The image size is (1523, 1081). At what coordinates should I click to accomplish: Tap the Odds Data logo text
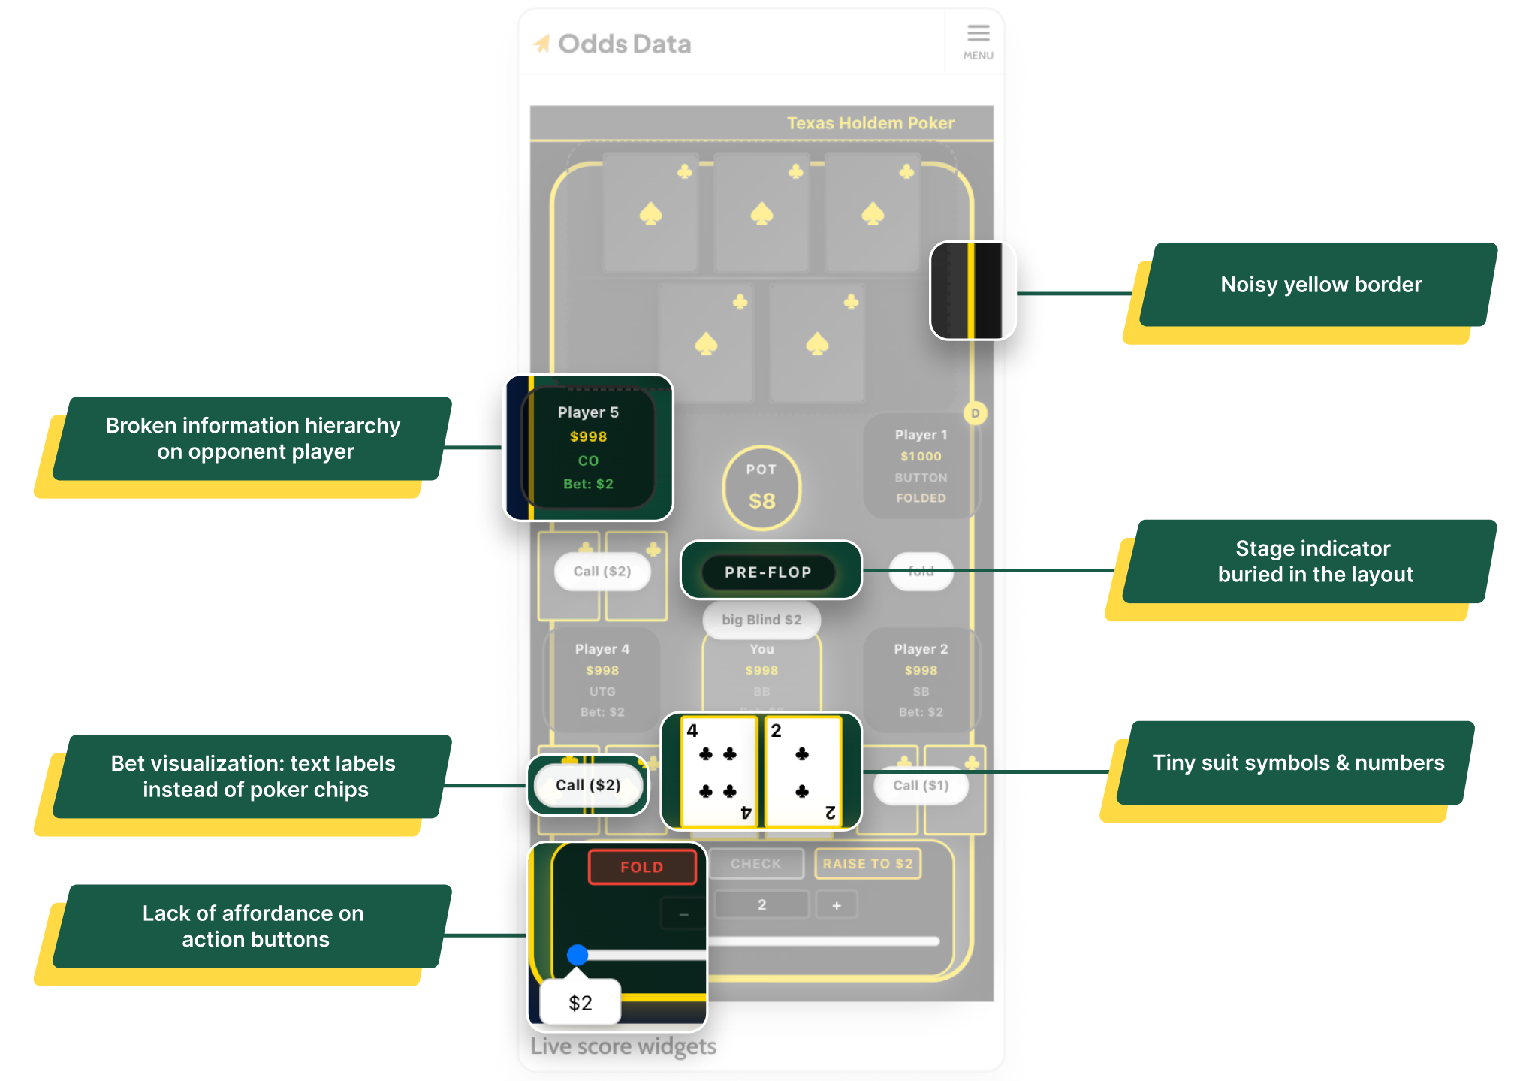pyautogui.click(x=624, y=44)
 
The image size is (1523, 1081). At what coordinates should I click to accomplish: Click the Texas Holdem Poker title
pyautogui.click(x=870, y=123)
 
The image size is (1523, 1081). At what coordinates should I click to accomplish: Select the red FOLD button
pyautogui.click(x=642, y=867)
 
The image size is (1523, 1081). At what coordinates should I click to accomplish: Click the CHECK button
pyautogui.click(x=755, y=864)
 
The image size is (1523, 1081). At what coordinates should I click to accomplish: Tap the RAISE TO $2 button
pyautogui.click(x=867, y=864)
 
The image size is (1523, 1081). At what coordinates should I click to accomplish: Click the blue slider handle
pyautogui.click(x=578, y=955)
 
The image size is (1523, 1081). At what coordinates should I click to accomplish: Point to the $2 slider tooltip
pyautogui.click(x=581, y=1002)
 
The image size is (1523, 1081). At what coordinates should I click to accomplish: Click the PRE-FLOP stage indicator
pyautogui.click(x=768, y=572)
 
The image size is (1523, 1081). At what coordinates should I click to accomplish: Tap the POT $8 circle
pyautogui.click(x=761, y=488)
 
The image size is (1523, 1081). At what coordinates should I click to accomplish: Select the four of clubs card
pyautogui.click(x=718, y=771)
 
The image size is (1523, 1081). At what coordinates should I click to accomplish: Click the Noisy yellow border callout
pyautogui.click(x=1320, y=285)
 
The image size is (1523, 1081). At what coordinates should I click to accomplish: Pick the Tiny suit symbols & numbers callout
pyautogui.click(x=1298, y=763)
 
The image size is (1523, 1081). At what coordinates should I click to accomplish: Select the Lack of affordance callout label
pyautogui.click(x=254, y=926)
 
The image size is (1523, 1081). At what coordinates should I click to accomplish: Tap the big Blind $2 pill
pyautogui.click(x=761, y=620)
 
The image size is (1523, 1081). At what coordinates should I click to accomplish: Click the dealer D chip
pyautogui.click(x=975, y=413)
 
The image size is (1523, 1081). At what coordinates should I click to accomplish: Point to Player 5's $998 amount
pyautogui.click(x=588, y=436)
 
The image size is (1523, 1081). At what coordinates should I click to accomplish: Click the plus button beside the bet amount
pyautogui.click(x=837, y=905)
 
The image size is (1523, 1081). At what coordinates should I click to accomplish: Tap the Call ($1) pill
pyautogui.click(x=921, y=785)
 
